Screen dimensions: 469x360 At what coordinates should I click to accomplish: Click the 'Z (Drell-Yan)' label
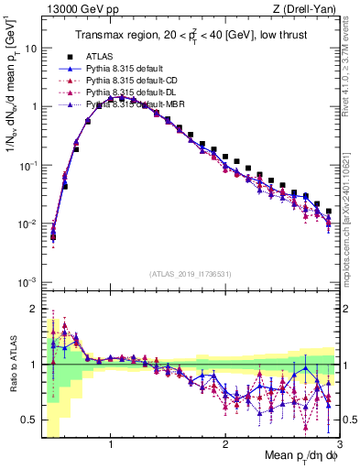pos(307,9)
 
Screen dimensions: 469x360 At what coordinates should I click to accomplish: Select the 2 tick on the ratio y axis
pos(33,309)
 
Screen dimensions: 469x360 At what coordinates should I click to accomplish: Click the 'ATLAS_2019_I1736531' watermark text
pos(190,274)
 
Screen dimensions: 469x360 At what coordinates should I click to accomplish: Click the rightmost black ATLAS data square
pos(329,211)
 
